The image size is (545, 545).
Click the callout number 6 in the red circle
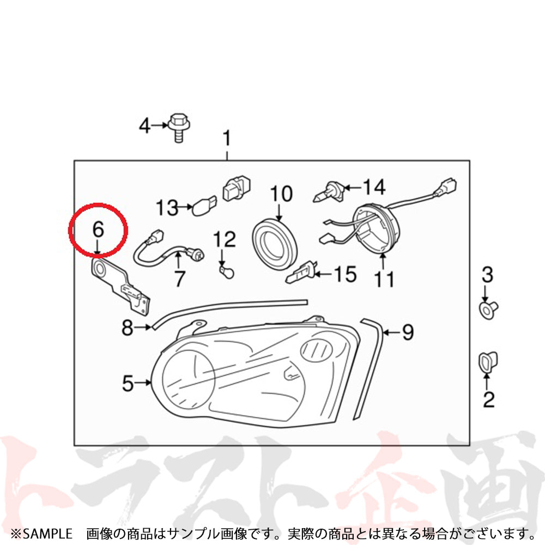[98, 229]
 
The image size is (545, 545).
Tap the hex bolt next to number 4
[178, 126]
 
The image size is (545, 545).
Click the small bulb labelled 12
[222, 269]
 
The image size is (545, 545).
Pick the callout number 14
[374, 187]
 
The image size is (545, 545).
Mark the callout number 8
[127, 328]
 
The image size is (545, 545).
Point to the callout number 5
[128, 384]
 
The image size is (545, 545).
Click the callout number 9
[408, 332]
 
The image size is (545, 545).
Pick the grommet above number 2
[487, 362]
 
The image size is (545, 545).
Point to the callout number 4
[144, 126]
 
